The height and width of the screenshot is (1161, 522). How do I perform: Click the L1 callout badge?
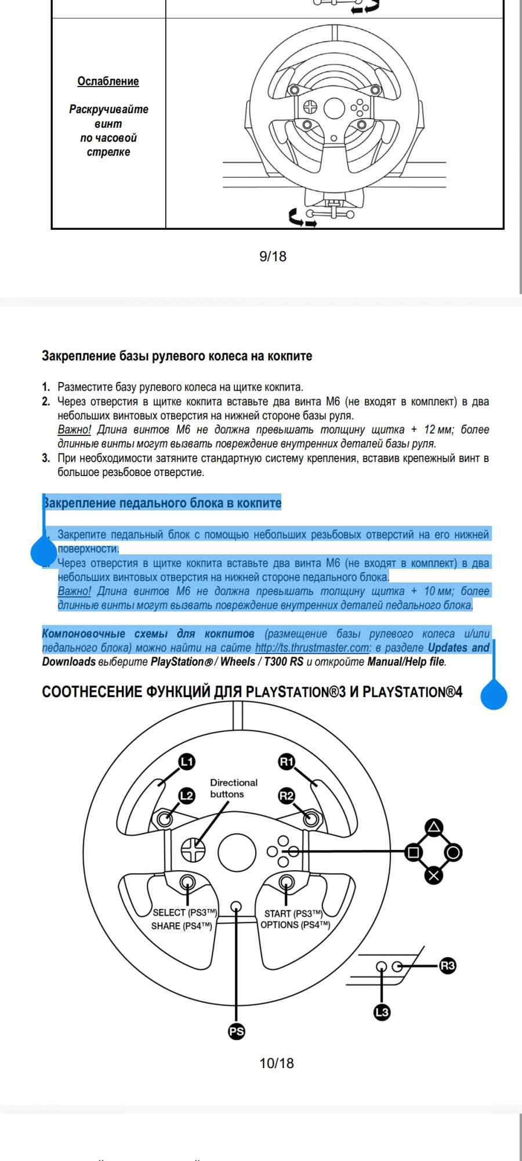point(186,762)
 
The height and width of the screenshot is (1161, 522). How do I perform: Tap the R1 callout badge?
point(287,762)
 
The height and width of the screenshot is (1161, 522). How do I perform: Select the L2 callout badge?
point(186,795)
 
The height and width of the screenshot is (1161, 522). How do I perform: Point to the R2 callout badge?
point(287,795)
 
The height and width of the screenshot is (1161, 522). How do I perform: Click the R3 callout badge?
point(447,966)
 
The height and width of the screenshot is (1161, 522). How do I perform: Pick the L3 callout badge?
point(382,1012)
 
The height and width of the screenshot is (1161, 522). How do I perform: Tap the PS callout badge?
point(236,1032)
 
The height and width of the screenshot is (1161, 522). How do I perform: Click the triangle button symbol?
point(434,828)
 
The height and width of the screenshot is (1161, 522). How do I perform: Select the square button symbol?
point(414,852)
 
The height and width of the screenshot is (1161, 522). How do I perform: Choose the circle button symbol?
point(453,852)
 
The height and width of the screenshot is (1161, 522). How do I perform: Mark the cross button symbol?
point(433,875)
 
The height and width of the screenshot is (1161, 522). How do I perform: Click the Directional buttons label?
point(233,788)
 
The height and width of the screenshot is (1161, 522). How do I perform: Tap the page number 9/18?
point(273,256)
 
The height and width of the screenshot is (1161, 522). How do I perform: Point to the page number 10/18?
point(276,1063)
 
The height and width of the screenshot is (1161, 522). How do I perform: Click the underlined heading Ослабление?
point(108,81)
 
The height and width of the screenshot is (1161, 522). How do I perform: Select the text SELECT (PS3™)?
point(184,913)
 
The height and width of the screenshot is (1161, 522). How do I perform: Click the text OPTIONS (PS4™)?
point(295,925)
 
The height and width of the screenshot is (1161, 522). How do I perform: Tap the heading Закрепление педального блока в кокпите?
point(162,503)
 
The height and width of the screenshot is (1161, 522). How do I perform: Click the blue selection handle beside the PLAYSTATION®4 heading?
point(494,695)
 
